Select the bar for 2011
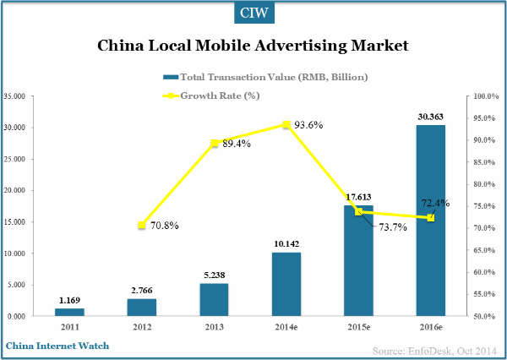coord(69,312)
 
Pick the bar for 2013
coord(215,299)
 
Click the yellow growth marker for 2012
coord(142,226)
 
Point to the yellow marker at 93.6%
coord(286,124)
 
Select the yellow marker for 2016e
coord(430,218)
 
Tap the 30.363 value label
coord(430,116)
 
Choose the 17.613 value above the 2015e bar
coord(358,196)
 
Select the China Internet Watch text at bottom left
coord(57,346)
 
